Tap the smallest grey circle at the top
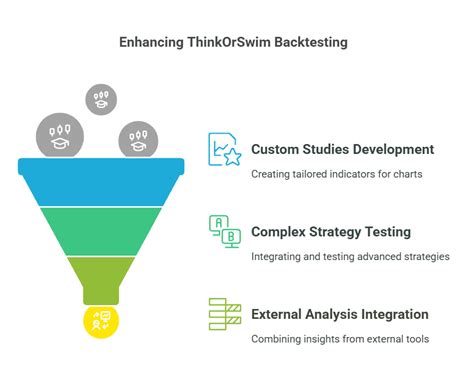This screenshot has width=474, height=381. (100, 98)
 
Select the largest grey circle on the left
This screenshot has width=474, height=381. (60, 135)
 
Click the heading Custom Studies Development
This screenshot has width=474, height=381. (342, 150)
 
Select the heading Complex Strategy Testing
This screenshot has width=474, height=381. (331, 232)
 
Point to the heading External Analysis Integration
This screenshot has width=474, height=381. (340, 314)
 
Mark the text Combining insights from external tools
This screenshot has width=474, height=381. (340, 339)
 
